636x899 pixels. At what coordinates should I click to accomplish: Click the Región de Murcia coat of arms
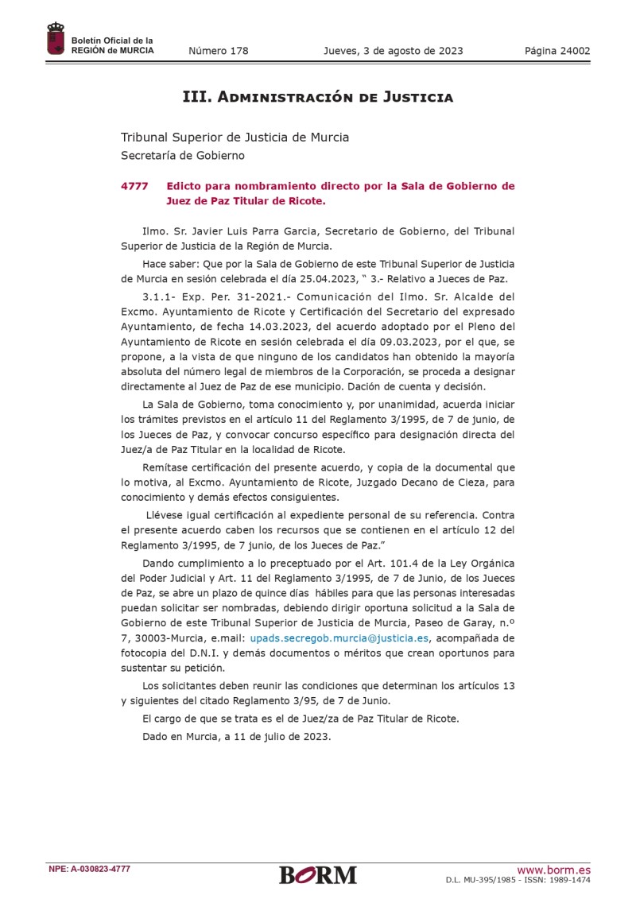tap(56, 39)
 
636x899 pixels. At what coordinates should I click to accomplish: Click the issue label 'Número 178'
tap(218, 52)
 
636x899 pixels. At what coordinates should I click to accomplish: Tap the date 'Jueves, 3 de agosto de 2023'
tap(393, 52)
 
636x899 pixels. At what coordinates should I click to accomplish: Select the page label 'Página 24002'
tap(557, 52)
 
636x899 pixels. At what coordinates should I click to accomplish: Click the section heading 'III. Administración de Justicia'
tap(318, 98)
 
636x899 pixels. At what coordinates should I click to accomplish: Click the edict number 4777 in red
tap(134, 186)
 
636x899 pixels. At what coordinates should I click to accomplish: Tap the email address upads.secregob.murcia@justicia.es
tap(339, 637)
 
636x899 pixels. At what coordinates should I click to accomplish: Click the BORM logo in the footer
tap(318, 874)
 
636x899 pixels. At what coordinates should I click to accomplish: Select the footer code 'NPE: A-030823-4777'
tap(89, 870)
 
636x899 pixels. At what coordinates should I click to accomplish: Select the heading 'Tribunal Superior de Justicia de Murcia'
tap(235, 137)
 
